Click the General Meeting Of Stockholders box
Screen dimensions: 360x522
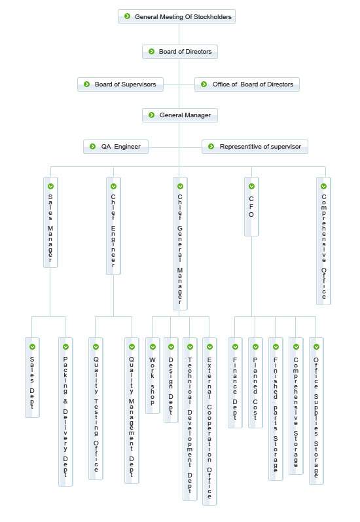[x=177, y=16]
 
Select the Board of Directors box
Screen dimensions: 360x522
[x=180, y=52]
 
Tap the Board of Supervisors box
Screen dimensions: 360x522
[x=120, y=84]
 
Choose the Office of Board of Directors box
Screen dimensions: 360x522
[x=247, y=84]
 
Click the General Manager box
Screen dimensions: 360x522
[x=180, y=115]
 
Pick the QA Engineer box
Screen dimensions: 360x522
[x=116, y=147]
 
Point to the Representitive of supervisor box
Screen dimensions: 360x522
[x=255, y=147]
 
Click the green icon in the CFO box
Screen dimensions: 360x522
[x=251, y=187]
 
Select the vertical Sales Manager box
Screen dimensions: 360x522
[x=50, y=223]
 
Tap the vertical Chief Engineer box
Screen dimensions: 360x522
[x=113, y=226]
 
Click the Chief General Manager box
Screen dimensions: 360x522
[x=181, y=244]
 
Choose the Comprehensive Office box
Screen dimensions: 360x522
[x=323, y=241]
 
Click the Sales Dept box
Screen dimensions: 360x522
[x=32, y=377]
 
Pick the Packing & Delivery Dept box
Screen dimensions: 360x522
[x=65, y=412]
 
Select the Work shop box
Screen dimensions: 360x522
[x=153, y=375]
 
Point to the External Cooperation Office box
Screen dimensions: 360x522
[x=209, y=421]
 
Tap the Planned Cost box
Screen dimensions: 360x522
[x=255, y=383]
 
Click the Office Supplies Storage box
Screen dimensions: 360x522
[x=316, y=411]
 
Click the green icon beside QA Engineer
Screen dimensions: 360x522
[x=93, y=146]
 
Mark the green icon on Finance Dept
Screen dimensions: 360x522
[x=235, y=347]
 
